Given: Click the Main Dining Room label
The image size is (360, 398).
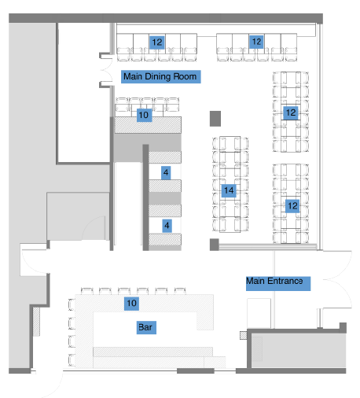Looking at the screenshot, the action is [x=161, y=76].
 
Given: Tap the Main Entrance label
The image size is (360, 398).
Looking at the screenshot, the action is [x=278, y=283].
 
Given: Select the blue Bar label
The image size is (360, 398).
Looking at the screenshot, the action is [x=146, y=327].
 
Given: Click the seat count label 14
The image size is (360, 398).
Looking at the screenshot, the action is [x=229, y=190].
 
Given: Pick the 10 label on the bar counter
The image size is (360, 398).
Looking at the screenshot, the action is [x=131, y=304].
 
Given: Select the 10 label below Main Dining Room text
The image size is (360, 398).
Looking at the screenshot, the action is [x=144, y=115].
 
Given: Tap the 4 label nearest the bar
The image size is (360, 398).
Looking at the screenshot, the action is [x=167, y=226].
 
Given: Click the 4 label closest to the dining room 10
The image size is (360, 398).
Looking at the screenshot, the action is [x=166, y=172].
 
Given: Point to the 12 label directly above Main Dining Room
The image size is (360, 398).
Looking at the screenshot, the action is [x=157, y=42].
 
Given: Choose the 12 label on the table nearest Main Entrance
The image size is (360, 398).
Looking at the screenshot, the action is [x=292, y=206].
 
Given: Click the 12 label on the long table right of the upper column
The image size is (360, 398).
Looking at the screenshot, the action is [x=291, y=113].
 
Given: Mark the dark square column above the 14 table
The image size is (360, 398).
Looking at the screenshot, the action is [x=215, y=119].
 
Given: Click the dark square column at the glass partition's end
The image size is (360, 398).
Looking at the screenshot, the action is [x=214, y=245].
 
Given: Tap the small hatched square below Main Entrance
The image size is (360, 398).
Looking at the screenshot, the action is [x=243, y=335].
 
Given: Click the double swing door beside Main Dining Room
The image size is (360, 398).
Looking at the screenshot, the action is [x=106, y=70].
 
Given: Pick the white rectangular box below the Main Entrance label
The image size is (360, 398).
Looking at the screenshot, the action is [x=259, y=313].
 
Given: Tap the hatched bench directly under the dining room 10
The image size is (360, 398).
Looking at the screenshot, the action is [x=148, y=125].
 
